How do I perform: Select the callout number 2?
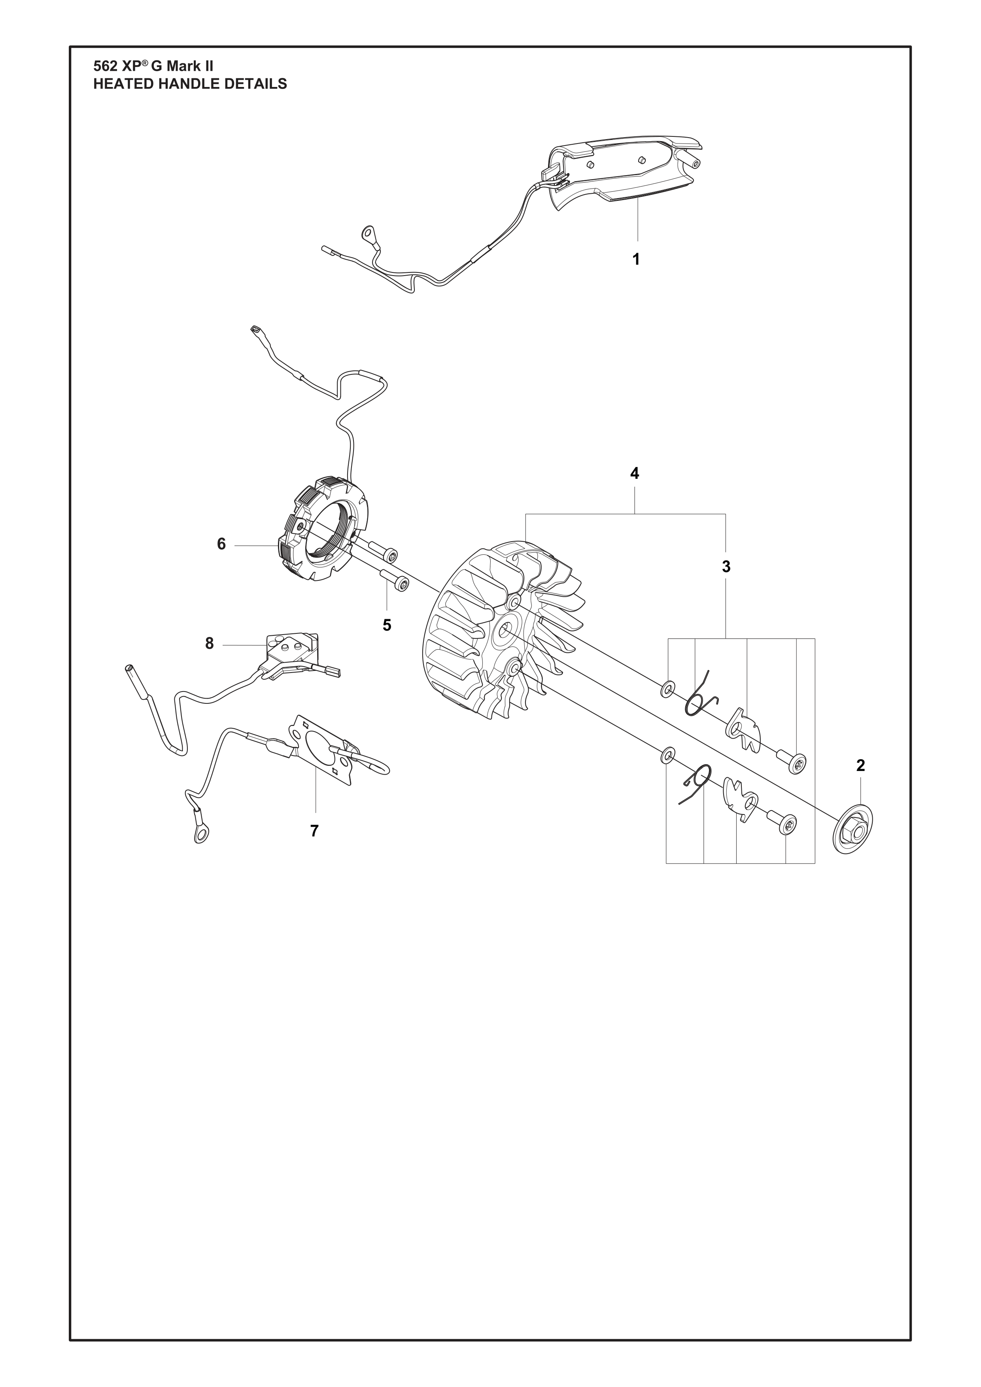861,765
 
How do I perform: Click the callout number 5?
387,625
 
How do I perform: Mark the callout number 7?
314,831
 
